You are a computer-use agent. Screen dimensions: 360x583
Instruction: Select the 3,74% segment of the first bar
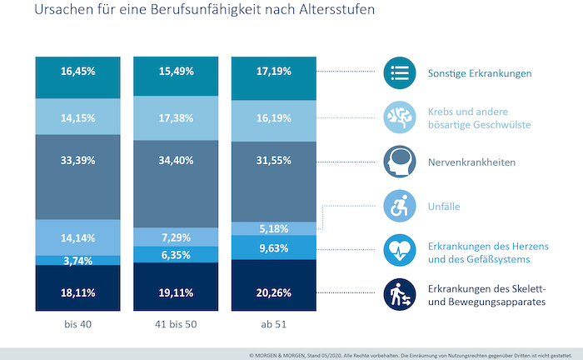point(78,261)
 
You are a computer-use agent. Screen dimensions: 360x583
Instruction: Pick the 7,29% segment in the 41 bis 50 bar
point(176,237)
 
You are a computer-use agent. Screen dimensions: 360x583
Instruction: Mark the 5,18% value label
point(274,228)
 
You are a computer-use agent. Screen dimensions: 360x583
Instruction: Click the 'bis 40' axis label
point(78,323)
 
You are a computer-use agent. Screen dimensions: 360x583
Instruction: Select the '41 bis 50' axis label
point(176,323)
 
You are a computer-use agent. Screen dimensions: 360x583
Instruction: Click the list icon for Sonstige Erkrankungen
point(399,73)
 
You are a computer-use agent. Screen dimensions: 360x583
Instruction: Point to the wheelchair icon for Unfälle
point(399,206)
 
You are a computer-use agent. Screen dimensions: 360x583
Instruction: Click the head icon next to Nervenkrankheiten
point(399,162)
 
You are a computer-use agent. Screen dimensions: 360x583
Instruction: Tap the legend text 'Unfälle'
point(445,207)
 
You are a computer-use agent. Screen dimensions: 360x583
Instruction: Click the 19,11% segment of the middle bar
point(176,292)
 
